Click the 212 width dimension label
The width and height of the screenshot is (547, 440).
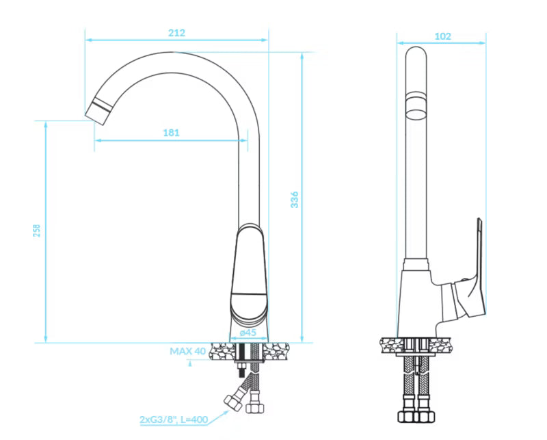pyautogui.click(x=176, y=33)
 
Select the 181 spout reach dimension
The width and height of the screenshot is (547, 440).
pyautogui.click(x=172, y=133)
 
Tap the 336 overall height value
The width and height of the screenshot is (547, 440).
pyautogui.click(x=295, y=199)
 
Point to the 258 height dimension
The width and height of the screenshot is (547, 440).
pyautogui.click(x=37, y=231)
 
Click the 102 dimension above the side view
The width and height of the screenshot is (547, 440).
pyautogui.click(x=442, y=36)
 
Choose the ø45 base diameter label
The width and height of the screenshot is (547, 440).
pyautogui.click(x=248, y=333)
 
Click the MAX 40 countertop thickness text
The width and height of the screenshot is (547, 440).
pyautogui.click(x=187, y=351)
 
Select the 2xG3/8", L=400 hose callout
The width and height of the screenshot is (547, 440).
pyautogui.click(x=174, y=419)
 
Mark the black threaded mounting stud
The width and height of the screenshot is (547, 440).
pyautogui.click(x=241, y=370)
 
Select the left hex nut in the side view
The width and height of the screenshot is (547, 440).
pyautogui.click(x=407, y=416)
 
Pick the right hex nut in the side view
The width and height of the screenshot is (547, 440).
pyautogui.click(x=425, y=416)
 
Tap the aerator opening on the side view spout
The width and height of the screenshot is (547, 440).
pyautogui.click(x=416, y=114)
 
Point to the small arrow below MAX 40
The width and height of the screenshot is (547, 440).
pyautogui.click(x=190, y=363)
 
